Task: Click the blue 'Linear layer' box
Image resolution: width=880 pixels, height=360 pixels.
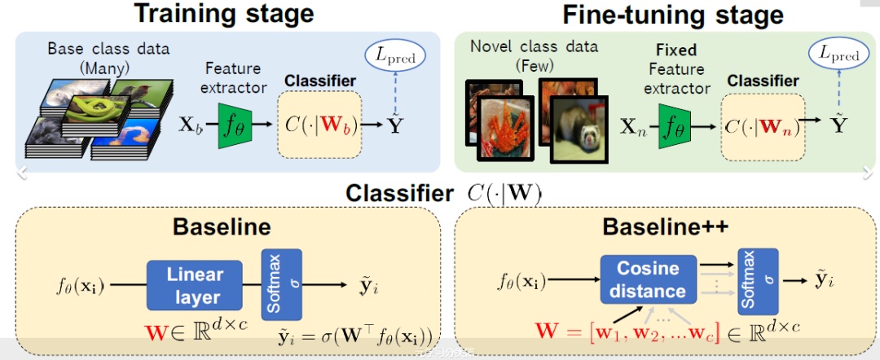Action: (x=196, y=285)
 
